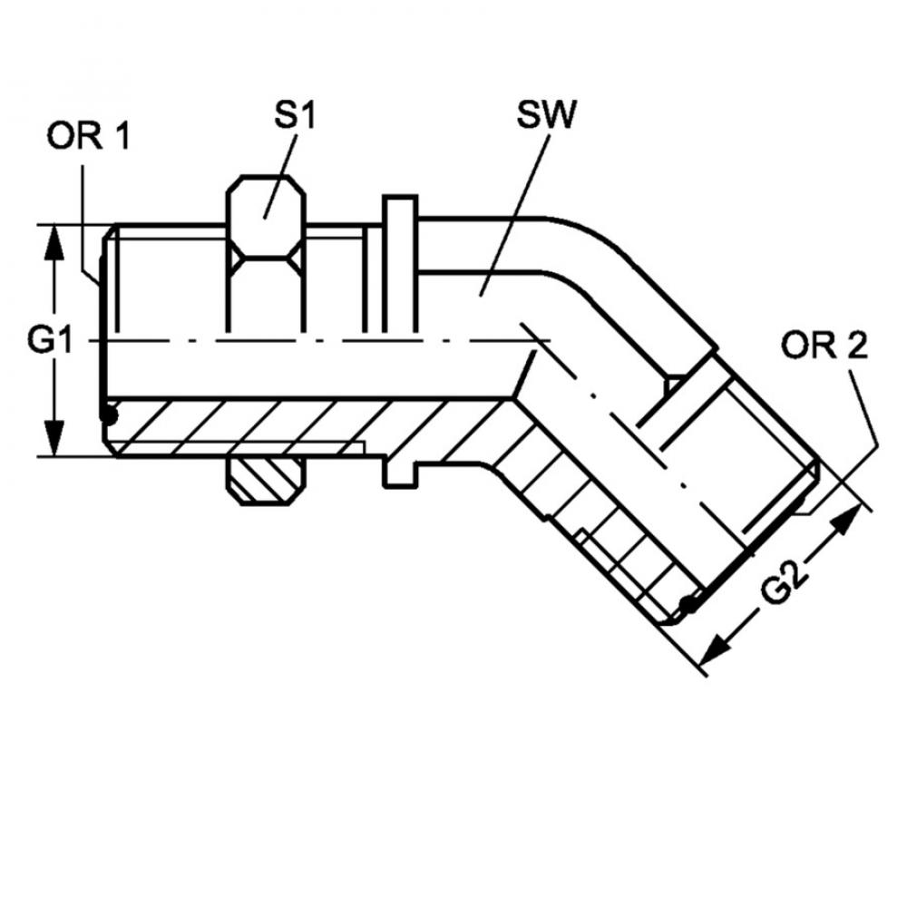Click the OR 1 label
[89, 137]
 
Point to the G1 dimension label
[50, 340]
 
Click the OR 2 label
[824, 346]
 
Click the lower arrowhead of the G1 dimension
[55, 438]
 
